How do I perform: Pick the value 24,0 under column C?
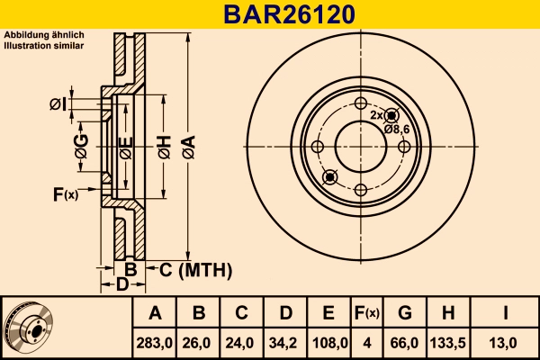click(242, 342)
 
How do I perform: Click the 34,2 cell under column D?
click(285, 342)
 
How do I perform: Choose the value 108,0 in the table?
click(329, 342)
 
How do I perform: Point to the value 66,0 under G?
click(405, 342)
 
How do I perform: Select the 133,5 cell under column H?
click(449, 342)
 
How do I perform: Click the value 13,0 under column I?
click(506, 342)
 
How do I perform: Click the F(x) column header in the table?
click(366, 313)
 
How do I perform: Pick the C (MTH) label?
click(195, 269)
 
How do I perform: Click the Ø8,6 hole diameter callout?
click(397, 129)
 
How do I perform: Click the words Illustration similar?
click(44, 44)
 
